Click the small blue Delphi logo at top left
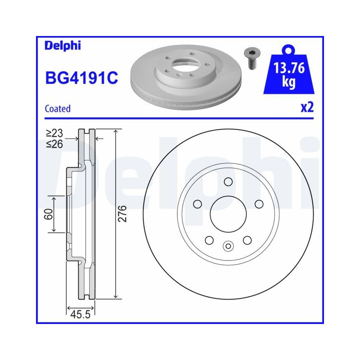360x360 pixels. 63,45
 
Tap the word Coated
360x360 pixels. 58,108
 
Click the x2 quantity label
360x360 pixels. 307,107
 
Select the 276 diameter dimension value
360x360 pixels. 122,214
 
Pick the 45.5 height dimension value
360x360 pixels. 80,315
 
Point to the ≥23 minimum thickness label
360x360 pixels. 54,134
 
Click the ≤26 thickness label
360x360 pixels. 54,144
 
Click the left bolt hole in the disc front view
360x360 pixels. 197,204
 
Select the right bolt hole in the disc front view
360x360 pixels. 259,204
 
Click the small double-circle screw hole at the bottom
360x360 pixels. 228,246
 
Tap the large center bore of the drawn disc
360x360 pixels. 228,214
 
